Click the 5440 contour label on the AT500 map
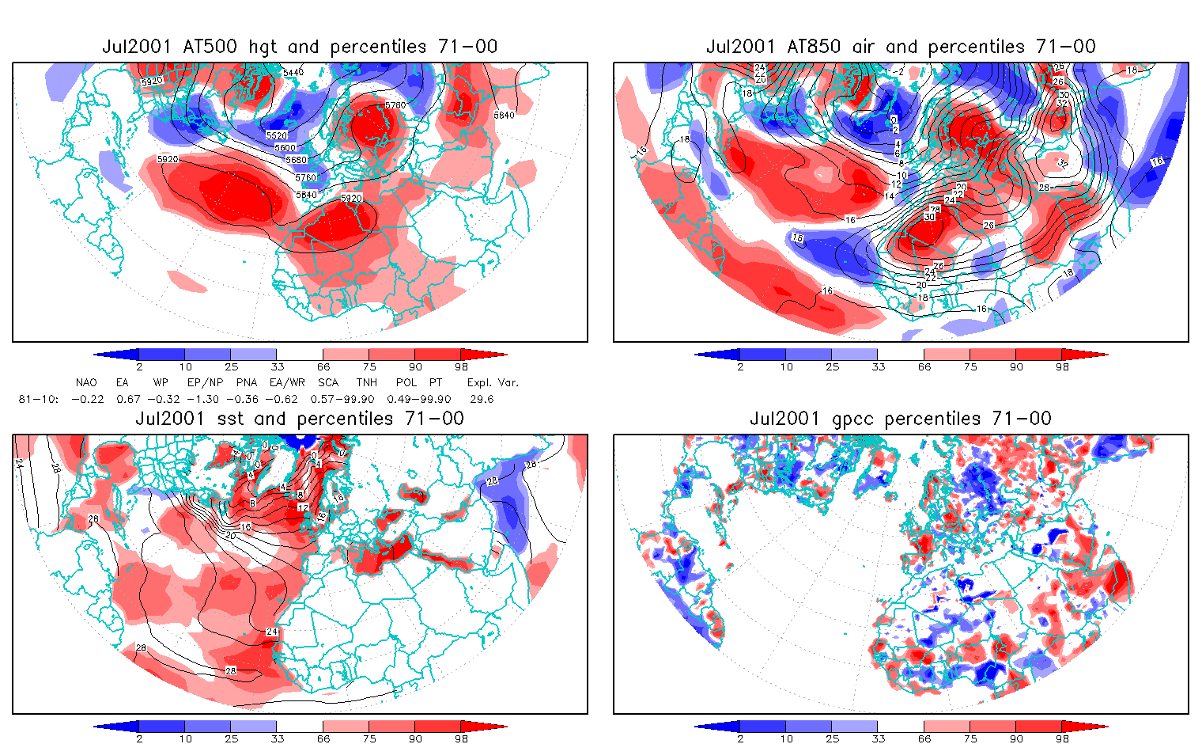click(293, 73)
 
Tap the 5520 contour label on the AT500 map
click(276, 136)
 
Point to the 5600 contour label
click(285, 148)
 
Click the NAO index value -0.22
click(87, 399)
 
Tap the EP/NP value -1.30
click(203, 399)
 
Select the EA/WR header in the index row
click(282, 382)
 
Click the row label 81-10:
click(38, 399)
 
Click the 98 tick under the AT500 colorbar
click(461, 367)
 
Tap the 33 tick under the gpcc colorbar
click(878, 739)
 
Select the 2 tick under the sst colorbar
click(139, 739)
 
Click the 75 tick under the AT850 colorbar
click(970, 367)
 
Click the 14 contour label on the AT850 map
click(889, 196)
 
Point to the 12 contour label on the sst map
click(302, 507)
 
